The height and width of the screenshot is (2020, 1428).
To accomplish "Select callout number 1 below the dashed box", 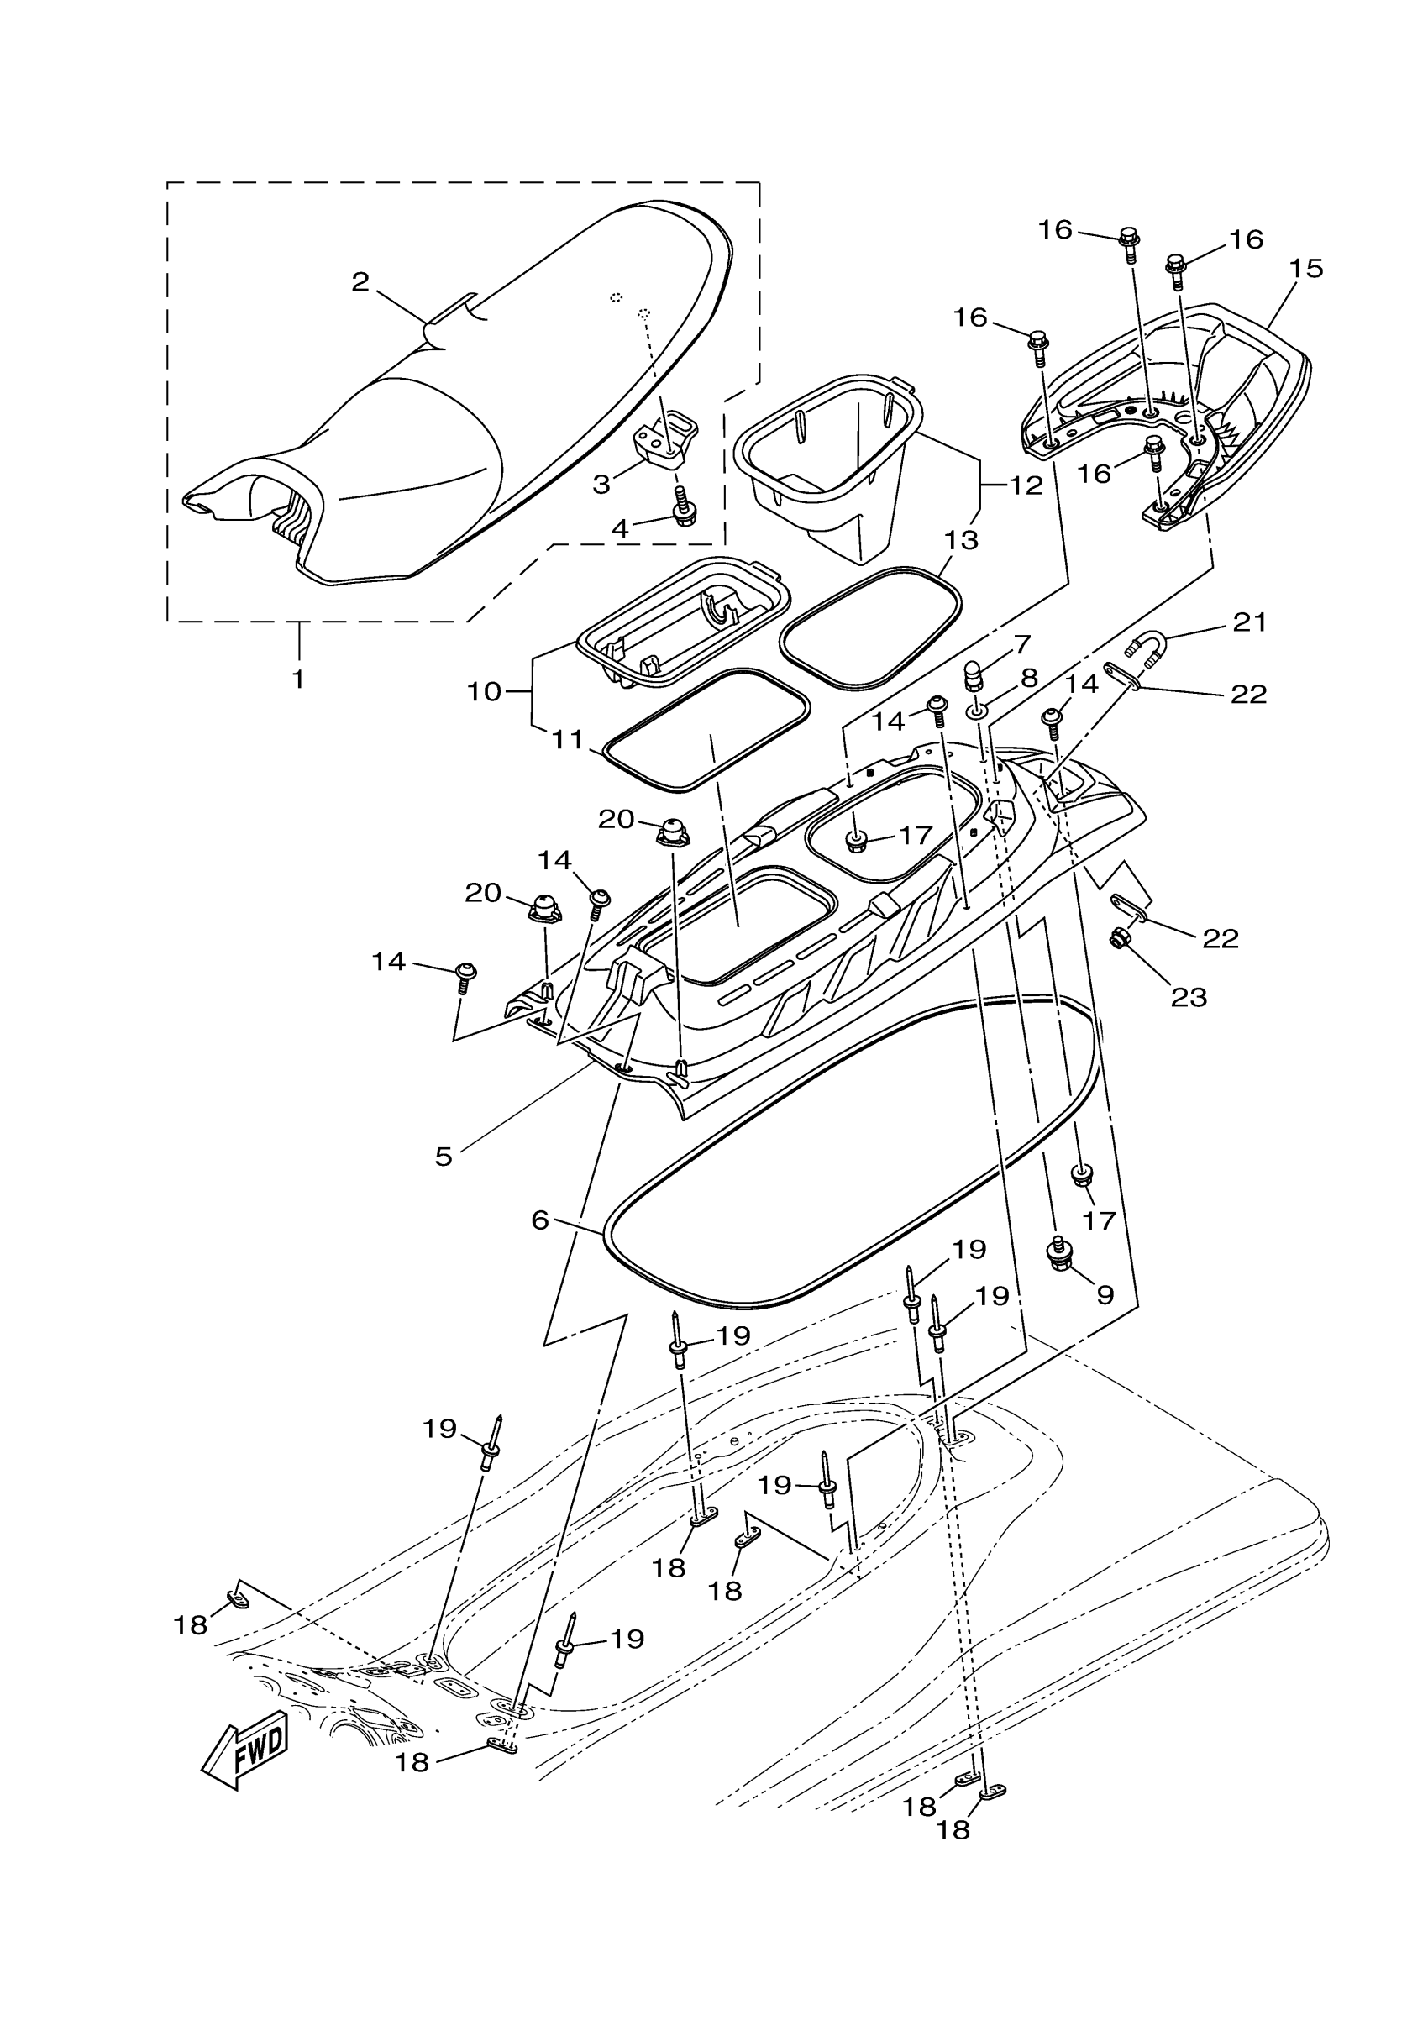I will pyautogui.click(x=298, y=679).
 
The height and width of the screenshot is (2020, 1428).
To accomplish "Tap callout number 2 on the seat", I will pyautogui.click(x=360, y=282).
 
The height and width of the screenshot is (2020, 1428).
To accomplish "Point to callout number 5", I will pyautogui.click(x=444, y=1156).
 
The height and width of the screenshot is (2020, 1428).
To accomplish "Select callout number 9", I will pyautogui.click(x=1105, y=1293).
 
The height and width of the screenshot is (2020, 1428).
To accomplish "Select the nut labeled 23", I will pyautogui.click(x=1121, y=941).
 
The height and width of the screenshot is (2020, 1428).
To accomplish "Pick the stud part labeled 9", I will pyautogui.click(x=1056, y=1253).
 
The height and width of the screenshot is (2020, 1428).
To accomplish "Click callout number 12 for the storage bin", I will pyautogui.click(x=1025, y=485).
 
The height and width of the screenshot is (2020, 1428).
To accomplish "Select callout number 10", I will pyautogui.click(x=484, y=691).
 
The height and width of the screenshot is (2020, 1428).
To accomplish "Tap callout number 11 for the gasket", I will pyautogui.click(x=568, y=740).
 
